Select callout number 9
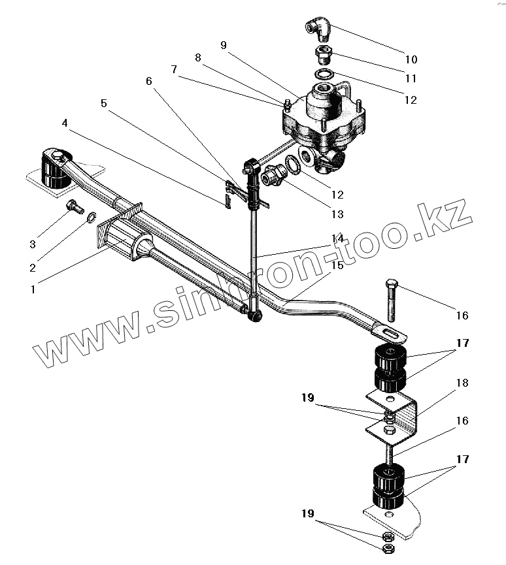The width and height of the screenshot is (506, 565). pos(224,45)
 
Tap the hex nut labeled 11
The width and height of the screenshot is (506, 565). pos(324,53)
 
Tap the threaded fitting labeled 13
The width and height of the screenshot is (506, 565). pos(271,177)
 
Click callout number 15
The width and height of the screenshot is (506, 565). pos(337,266)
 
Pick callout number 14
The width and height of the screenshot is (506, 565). pos(337,238)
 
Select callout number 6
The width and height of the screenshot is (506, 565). pos(148,82)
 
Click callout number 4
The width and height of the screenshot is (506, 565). pos(65,123)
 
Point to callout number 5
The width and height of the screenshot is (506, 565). pos(104,103)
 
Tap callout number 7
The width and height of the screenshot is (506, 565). pos(174,69)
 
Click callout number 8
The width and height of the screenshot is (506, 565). pos(198,57)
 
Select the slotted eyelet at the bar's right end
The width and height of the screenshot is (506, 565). pos(391,334)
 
